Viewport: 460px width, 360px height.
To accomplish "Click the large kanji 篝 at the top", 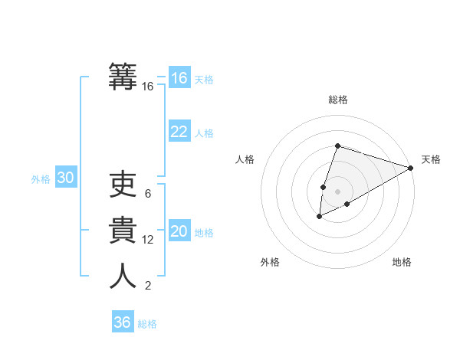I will (x=123, y=77).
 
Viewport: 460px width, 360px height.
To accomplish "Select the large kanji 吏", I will (x=123, y=185).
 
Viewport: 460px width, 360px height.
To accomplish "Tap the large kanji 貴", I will (x=123, y=231).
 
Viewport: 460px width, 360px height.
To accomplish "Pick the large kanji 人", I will (x=123, y=277).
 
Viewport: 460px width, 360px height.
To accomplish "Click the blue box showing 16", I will (x=179, y=78).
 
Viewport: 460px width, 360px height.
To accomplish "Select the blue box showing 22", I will (x=179, y=132).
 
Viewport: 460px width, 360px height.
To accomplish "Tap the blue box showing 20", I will (x=179, y=231).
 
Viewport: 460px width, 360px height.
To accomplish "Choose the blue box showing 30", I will (x=66, y=178).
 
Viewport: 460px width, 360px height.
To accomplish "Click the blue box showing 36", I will (x=123, y=322).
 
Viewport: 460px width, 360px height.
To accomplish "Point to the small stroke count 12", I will (x=148, y=240).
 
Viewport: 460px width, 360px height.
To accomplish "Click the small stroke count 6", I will (x=148, y=194).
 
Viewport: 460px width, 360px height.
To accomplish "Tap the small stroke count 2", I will (x=148, y=286).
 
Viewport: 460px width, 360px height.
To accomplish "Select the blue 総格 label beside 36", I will (x=147, y=324).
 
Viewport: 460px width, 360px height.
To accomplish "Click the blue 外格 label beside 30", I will (x=41, y=179).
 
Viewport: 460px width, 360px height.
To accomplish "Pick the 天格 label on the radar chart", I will (x=431, y=159).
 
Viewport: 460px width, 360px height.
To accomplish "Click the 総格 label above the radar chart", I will (x=337, y=100).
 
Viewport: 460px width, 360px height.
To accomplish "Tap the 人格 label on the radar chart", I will (x=245, y=159).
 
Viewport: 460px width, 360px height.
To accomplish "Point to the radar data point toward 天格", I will (x=412, y=168).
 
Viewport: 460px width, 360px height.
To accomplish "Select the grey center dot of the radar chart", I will (x=337, y=191).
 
